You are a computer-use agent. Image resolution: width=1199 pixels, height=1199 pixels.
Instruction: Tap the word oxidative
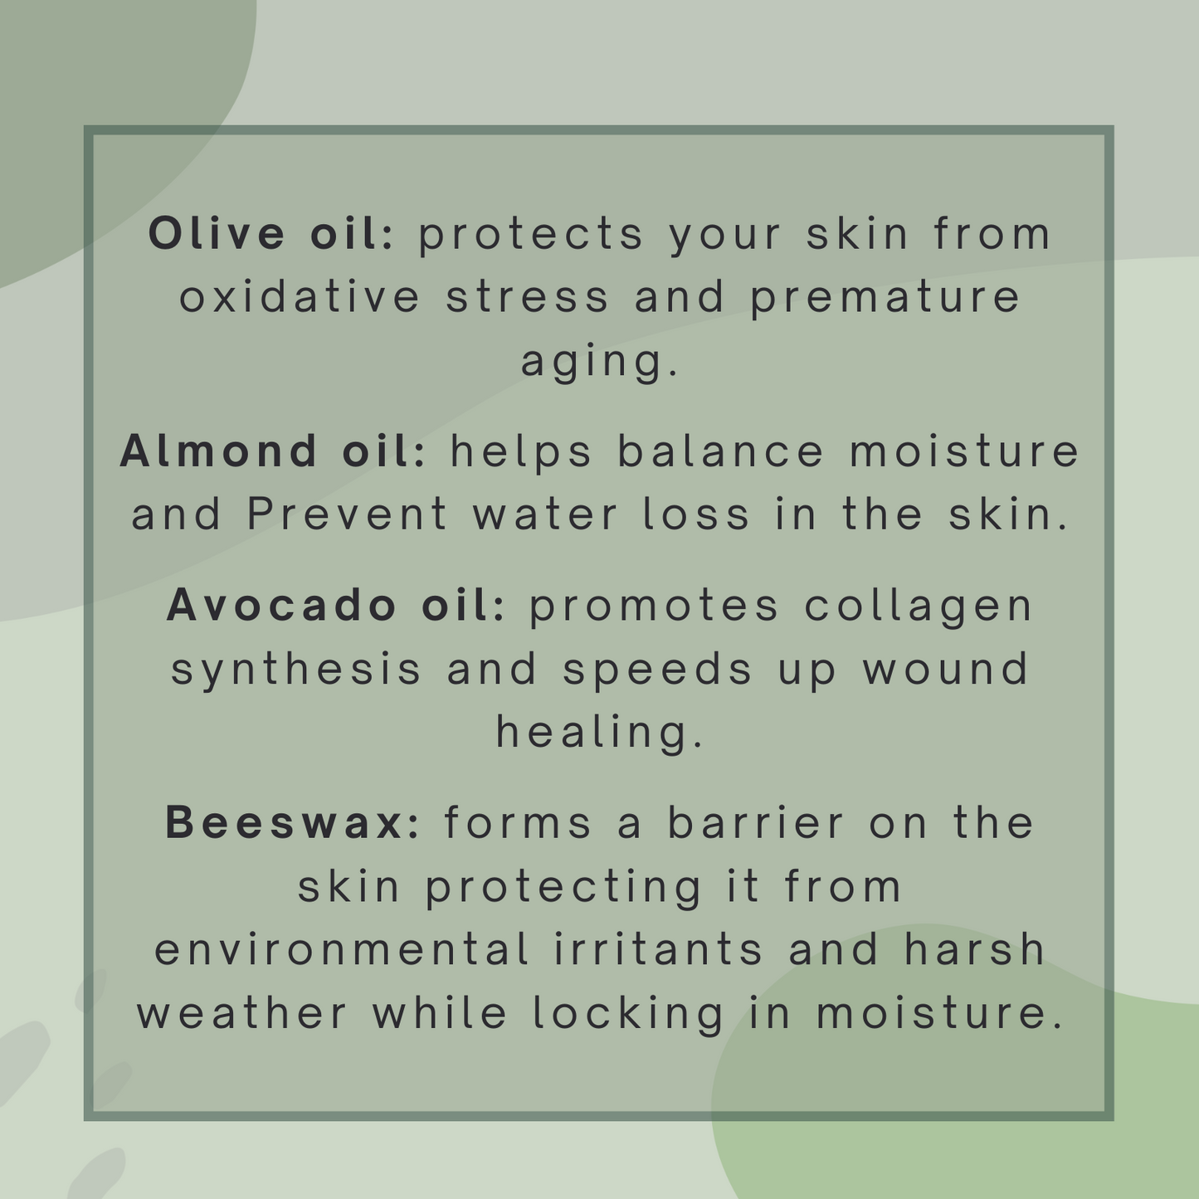click(300, 296)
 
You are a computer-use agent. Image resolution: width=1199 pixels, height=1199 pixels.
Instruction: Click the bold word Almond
click(219, 451)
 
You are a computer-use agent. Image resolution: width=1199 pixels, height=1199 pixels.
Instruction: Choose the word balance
click(720, 451)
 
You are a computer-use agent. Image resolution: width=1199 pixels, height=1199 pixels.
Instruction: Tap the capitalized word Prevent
click(347, 514)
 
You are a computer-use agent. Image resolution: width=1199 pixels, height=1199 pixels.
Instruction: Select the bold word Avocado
click(281, 605)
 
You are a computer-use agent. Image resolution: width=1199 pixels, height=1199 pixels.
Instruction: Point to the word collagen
click(919, 607)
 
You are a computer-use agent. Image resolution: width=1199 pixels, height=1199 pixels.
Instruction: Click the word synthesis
click(296, 670)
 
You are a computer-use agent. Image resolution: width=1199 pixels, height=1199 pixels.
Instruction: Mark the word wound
click(946, 668)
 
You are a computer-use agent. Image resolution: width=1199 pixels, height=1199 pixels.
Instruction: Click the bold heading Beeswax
click(285, 822)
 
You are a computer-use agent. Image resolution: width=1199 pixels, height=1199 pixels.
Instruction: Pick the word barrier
click(756, 822)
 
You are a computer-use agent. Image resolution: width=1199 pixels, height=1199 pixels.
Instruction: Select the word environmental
click(342, 949)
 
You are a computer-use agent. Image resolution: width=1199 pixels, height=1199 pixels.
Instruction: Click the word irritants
click(658, 949)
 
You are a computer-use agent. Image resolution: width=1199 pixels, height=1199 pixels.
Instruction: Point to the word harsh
click(975, 949)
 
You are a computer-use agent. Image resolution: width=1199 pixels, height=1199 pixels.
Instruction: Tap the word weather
click(242, 1013)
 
